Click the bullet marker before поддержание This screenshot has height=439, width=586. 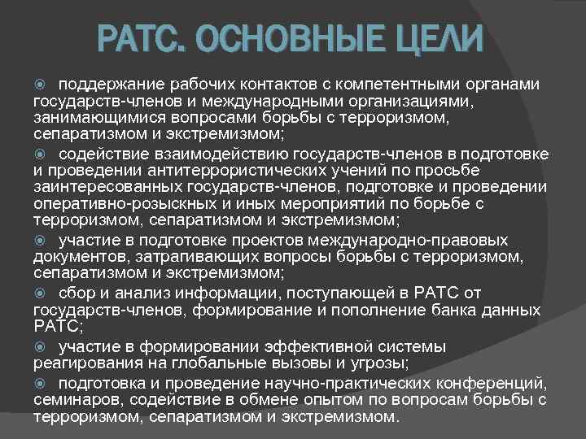(43, 85)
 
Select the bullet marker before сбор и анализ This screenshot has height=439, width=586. (43, 293)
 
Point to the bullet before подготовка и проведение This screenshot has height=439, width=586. (43, 383)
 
